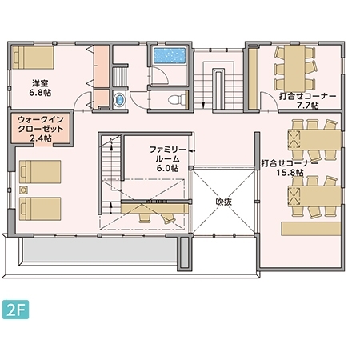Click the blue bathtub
[x=170, y=55]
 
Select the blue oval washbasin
[x=119, y=100]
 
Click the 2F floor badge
[x=15, y=310]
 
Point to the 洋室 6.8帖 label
[x=40, y=88]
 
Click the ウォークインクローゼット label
[x=41, y=124]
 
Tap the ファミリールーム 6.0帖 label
[x=167, y=159]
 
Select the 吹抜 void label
[x=224, y=202]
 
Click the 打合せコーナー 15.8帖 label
[x=290, y=168]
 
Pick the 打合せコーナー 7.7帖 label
[x=307, y=101]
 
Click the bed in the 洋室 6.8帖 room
[x=33, y=58]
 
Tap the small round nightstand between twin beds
[x=24, y=190]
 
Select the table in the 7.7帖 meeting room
[x=294, y=68]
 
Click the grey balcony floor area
[x=100, y=250]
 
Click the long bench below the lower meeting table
[x=311, y=229]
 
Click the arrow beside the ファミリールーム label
[x=192, y=151]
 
